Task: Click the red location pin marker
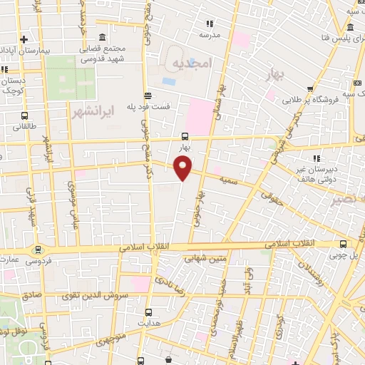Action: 183,169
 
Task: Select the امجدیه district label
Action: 192,64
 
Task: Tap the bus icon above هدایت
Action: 149,312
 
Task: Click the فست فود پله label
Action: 148,106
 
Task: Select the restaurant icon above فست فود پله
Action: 148,96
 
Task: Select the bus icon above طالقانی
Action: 26,115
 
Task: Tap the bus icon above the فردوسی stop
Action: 37,250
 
